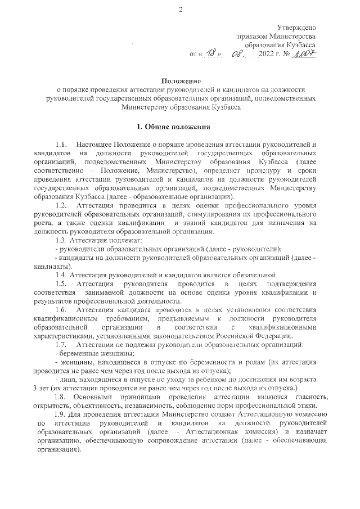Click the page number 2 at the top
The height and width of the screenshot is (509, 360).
(180, 10)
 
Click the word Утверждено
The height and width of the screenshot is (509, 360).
(296, 28)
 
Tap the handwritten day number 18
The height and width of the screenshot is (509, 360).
(211, 55)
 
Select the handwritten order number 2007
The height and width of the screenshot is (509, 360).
(304, 54)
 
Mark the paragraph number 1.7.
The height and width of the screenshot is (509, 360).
(61, 343)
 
